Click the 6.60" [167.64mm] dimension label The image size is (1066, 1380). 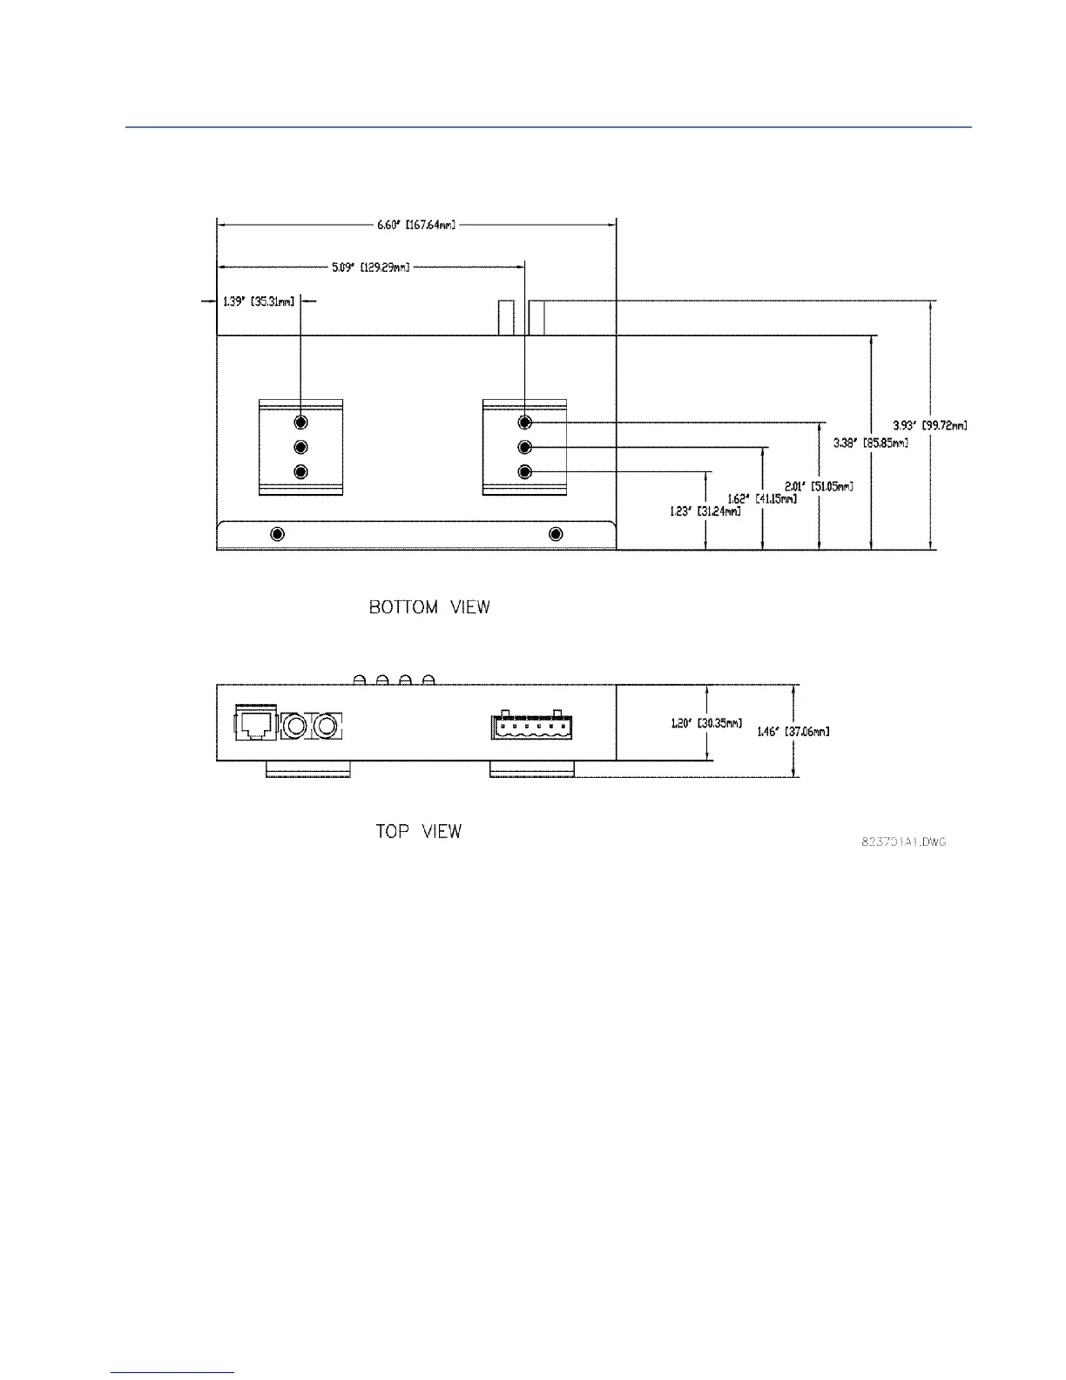[x=416, y=225]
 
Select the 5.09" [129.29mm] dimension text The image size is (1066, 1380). [x=370, y=267]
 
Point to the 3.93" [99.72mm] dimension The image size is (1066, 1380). [x=930, y=425]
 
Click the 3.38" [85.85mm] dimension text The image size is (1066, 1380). [x=871, y=443]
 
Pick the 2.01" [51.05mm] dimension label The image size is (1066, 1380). [x=819, y=486]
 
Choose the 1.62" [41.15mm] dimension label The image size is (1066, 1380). [x=762, y=499]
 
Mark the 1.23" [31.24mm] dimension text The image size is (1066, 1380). [x=705, y=511]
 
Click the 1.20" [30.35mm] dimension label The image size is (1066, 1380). [x=706, y=723]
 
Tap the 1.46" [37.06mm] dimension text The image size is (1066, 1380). [x=793, y=732]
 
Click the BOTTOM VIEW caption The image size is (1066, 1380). [x=429, y=607]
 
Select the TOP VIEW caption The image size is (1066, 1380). [x=418, y=831]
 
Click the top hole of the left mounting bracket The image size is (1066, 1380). [x=301, y=423]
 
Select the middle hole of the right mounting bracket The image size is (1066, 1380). [x=524, y=447]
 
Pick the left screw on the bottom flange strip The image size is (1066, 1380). [x=278, y=533]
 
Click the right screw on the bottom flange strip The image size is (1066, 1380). [x=557, y=533]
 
